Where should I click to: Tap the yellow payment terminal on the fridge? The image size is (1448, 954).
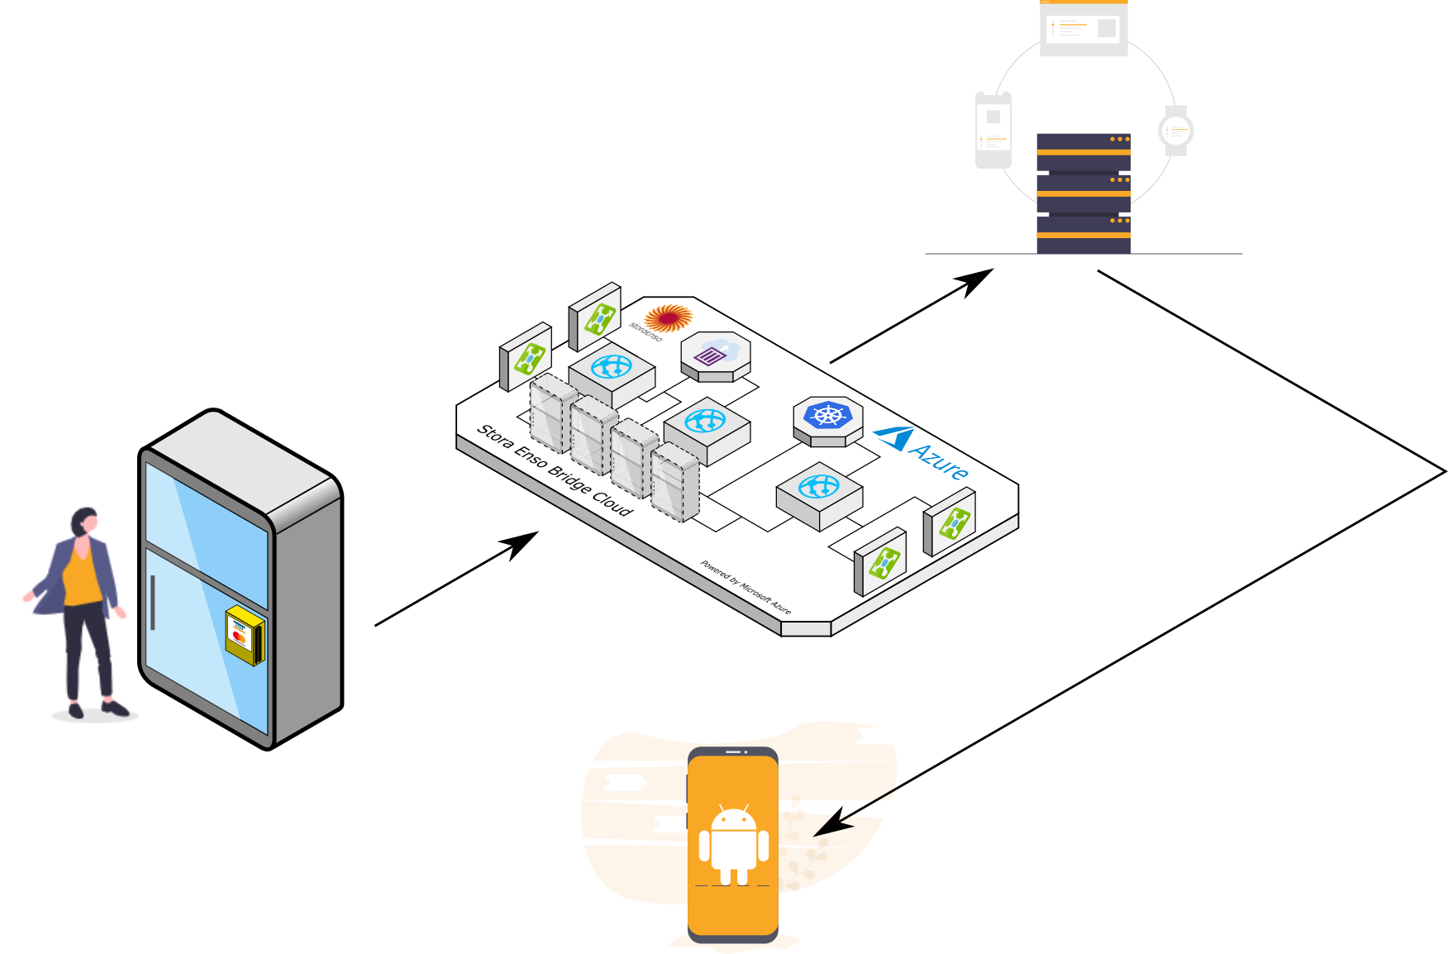coord(244,634)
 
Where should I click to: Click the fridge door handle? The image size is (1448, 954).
coord(153,603)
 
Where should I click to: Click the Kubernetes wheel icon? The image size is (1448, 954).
coord(827,414)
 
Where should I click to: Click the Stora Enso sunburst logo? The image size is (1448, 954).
coord(668,317)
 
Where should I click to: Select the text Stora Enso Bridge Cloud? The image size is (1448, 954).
coord(555,470)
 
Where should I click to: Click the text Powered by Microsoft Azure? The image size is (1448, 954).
coord(745,588)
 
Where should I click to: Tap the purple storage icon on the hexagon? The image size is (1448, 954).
coord(711,356)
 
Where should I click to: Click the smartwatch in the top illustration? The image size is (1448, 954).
coord(1175,131)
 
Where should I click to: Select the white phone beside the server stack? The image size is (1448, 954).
coord(993,130)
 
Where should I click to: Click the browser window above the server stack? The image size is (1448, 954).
coord(1084,29)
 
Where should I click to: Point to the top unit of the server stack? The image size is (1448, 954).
coord(1084,151)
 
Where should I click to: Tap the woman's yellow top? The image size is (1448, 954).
coord(82,579)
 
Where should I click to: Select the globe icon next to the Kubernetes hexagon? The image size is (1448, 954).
coord(819,487)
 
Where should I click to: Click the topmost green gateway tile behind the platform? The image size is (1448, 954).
coord(599,318)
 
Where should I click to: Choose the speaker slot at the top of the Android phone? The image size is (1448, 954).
coord(733,752)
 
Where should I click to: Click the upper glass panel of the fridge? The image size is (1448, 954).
coord(207,530)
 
